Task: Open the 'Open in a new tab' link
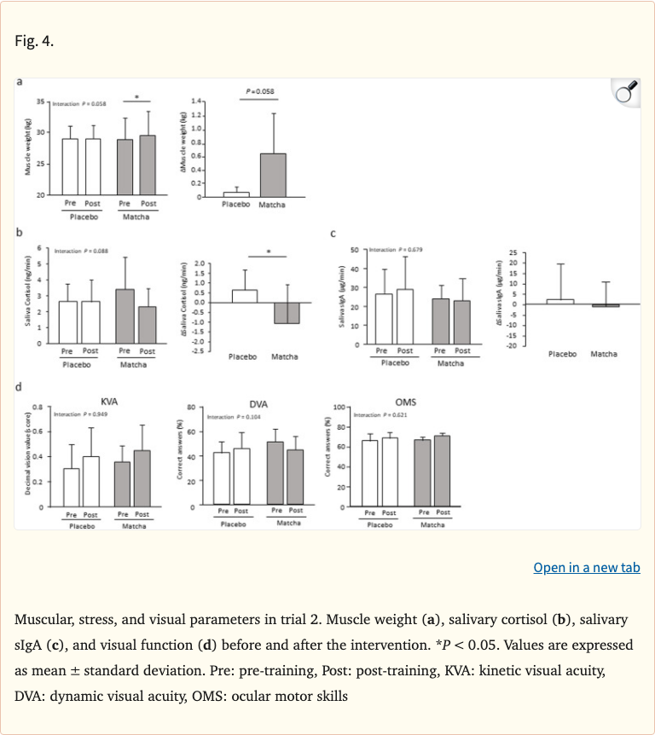(x=586, y=568)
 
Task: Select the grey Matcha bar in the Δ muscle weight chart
(x=273, y=176)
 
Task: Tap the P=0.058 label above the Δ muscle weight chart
(x=259, y=91)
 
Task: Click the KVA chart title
(x=109, y=400)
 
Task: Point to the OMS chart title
(x=405, y=400)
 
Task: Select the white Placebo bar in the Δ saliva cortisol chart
(x=244, y=296)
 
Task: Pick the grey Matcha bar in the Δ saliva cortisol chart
(x=286, y=313)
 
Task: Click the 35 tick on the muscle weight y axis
(x=41, y=102)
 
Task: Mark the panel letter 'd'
(x=19, y=389)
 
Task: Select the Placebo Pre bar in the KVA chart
(x=72, y=487)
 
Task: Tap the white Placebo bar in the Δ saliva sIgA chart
(x=559, y=301)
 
